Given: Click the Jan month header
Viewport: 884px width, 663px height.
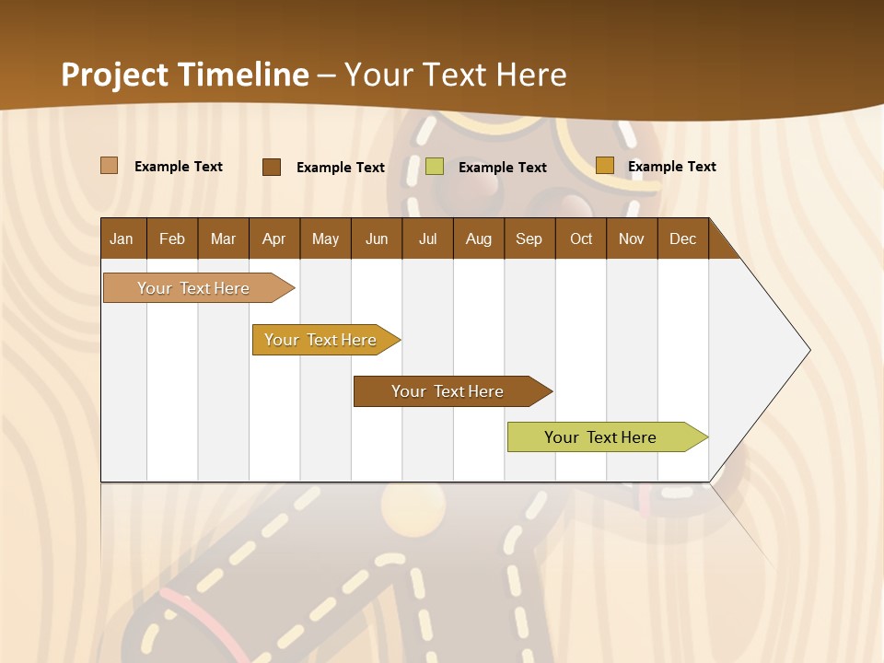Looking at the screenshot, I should point(122,238).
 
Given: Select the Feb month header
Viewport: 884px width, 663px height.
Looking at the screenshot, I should point(172,238).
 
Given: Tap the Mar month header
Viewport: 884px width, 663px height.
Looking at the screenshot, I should point(223,238).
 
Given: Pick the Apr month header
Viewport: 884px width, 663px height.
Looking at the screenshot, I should point(273,238).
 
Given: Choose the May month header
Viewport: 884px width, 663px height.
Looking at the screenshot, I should point(325,238).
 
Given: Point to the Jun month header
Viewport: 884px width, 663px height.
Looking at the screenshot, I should point(377,238).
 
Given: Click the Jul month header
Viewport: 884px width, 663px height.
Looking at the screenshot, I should point(427,238).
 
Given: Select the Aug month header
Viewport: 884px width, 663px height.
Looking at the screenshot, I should point(478,238).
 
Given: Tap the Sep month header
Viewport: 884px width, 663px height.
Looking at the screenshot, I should point(529,238).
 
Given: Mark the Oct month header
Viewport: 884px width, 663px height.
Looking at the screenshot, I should point(581,238).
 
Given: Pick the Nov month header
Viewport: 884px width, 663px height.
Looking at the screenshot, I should point(632,238).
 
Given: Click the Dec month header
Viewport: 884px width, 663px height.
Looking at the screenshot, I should point(682,238).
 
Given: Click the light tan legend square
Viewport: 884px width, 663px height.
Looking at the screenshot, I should point(109,166).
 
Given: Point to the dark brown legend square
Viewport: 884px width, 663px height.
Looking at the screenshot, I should point(271,167).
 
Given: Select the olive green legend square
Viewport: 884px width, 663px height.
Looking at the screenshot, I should point(435,167).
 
